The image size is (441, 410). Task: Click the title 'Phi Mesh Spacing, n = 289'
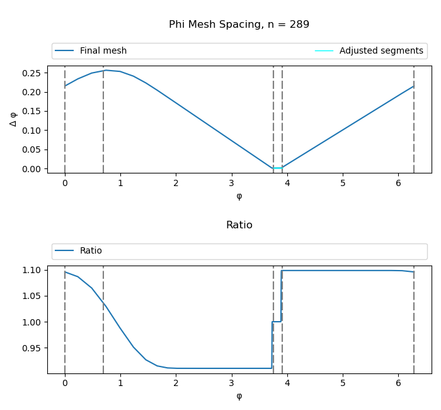point(239,25)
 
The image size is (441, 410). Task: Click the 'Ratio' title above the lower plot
point(239,225)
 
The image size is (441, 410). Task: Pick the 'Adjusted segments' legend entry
point(381,51)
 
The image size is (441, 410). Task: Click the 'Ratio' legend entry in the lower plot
point(91,251)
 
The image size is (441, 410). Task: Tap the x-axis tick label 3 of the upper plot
point(232,183)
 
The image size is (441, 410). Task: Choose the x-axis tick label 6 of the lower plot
point(398,383)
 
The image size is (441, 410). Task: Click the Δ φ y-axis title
point(14,119)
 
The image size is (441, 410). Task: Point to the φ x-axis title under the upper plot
point(239,196)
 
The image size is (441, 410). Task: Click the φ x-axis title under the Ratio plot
point(239,395)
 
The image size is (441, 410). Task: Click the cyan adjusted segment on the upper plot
point(278,168)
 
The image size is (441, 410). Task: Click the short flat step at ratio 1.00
point(277,322)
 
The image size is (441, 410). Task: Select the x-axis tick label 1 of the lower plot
point(120,383)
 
